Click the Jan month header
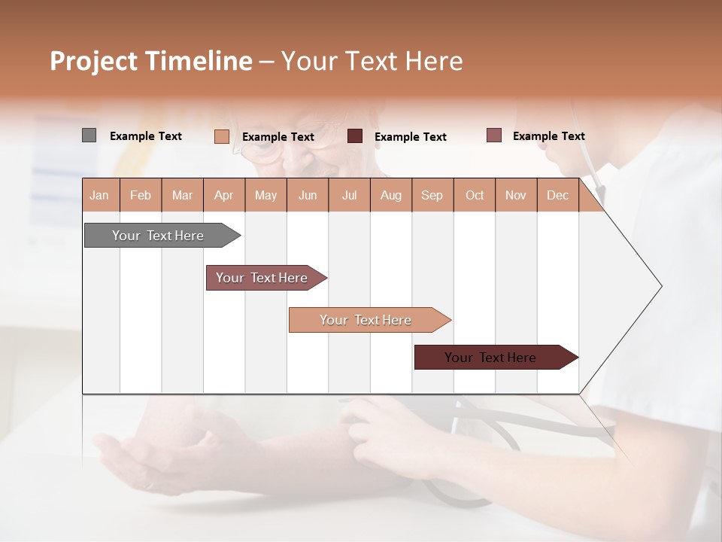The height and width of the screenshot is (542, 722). pyautogui.click(x=100, y=195)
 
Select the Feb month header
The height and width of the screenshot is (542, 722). pyautogui.click(x=141, y=195)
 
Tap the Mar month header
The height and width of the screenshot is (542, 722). pyautogui.click(x=182, y=195)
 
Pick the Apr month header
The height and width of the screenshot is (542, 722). pyautogui.click(x=223, y=195)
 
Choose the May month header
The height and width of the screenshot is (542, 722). pyautogui.click(x=265, y=195)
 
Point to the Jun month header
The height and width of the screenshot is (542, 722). pyautogui.click(x=308, y=195)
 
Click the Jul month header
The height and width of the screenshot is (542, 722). pyautogui.click(x=349, y=195)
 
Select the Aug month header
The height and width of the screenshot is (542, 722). pyautogui.click(x=390, y=195)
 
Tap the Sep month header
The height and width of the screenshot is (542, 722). pyautogui.click(x=432, y=195)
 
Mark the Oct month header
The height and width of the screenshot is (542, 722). pyautogui.click(x=475, y=195)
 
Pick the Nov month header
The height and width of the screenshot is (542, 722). pyautogui.click(x=515, y=195)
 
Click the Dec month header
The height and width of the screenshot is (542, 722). pyautogui.click(x=557, y=195)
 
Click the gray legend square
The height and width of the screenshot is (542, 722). pyautogui.click(x=89, y=135)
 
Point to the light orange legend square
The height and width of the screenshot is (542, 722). pyautogui.click(x=221, y=136)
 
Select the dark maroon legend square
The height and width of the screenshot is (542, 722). pyautogui.click(x=355, y=136)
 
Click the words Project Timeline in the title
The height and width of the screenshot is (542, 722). pyautogui.click(x=150, y=61)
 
